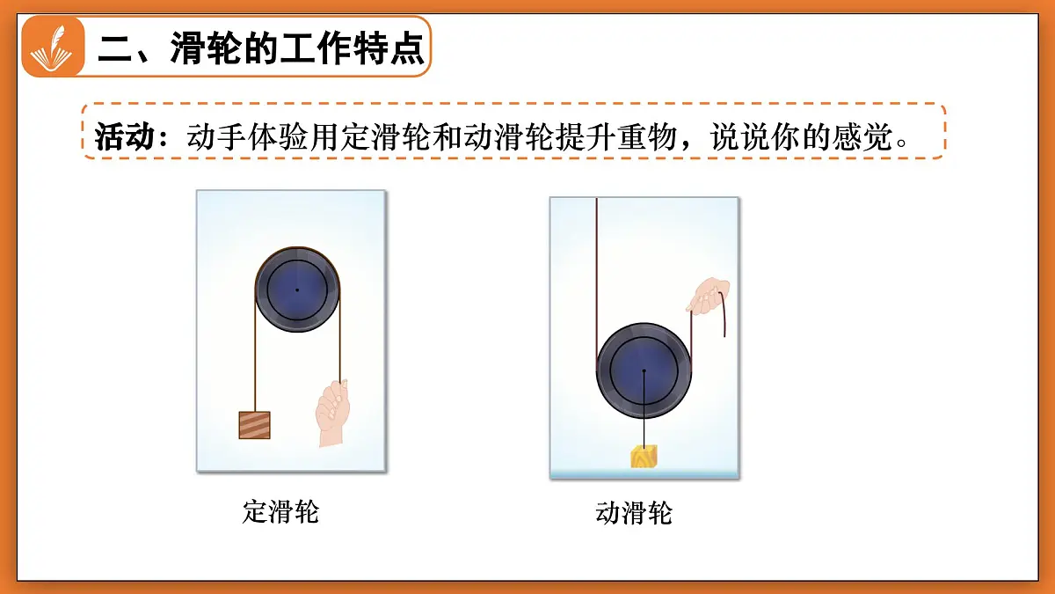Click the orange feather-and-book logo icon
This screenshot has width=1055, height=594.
(53, 47)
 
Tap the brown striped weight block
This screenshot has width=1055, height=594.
(254, 425)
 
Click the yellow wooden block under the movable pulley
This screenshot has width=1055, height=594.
(644, 456)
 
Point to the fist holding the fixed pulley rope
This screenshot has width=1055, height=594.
(331, 412)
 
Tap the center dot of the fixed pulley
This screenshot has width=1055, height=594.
(297, 290)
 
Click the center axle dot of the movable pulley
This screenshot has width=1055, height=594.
(644, 370)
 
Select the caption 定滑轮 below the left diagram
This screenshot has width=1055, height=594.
(280, 512)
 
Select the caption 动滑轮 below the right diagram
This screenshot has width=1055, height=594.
(634, 513)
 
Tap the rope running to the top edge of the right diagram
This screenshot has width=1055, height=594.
(596, 264)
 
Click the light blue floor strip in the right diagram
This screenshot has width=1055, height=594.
(644, 473)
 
